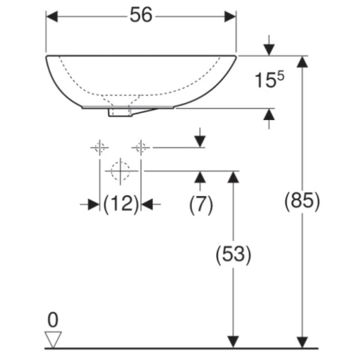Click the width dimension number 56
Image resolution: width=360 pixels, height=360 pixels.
click(141, 15)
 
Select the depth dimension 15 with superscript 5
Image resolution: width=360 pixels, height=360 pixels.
click(270, 79)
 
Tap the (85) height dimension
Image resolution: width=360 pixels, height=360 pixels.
click(302, 201)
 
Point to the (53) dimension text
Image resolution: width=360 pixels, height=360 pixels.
click(234, 254)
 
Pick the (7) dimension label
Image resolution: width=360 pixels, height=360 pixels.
click(201, 205)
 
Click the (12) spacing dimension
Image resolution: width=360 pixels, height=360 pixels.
click(122, 204)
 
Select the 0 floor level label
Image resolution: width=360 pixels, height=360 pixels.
click(53, 320)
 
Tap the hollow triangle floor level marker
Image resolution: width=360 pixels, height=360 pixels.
click(53, 339)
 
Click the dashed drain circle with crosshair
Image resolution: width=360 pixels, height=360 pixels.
click(120, 171)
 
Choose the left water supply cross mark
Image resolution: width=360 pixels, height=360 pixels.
click(100, 147)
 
